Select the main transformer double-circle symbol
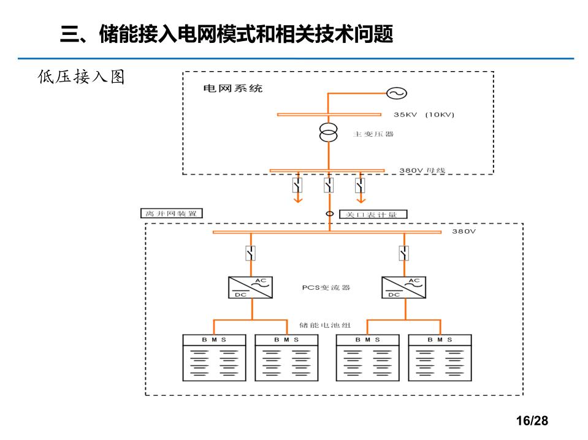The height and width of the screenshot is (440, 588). click(x=329, y=133)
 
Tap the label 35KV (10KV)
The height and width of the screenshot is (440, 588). click(x=424, y=115)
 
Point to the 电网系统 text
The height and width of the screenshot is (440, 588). click(x=232, y=89)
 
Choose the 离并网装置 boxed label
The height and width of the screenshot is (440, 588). click(x=171, y=214)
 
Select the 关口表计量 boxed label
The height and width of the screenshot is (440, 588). click(x=372, y=214)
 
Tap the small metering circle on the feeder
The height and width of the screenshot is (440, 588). click(x=329, y=214)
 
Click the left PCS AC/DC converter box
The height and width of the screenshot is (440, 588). click(x=251, y=287)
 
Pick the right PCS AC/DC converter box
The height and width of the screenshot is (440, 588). click(x=403, y=287)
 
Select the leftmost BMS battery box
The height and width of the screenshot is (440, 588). click(x=215, y=358)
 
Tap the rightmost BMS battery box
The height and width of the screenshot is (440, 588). click(x=440, y=358)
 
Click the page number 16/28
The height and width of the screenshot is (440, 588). click(x=532, y=421)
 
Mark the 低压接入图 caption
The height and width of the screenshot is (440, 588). click(x=81, y=77)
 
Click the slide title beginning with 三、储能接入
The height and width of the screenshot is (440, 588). click(x=226, y=34)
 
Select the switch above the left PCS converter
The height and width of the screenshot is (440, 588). click(x=250, y=252)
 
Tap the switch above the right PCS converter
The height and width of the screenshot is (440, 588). click(x=403, y=252)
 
